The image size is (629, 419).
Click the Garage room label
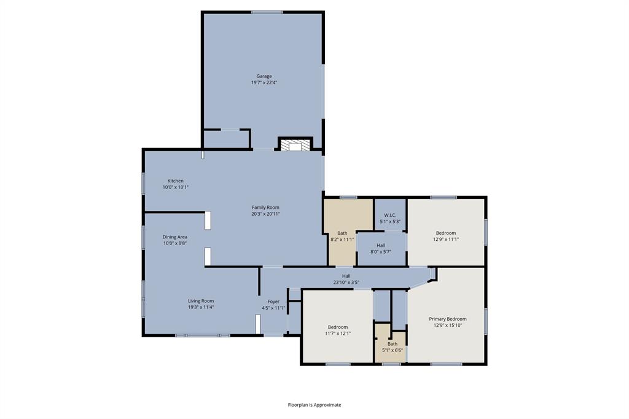(264, 76)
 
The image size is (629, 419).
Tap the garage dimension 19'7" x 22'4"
(264, 82)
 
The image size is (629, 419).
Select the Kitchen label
(176, 181)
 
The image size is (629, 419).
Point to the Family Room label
(265, 207)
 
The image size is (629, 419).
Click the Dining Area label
(175, 237)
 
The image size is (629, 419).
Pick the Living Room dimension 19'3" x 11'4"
(201, 307)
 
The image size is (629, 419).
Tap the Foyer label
(273, 302)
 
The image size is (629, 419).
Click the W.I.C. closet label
(390, 215)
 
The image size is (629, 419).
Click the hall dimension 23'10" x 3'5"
(346, 283)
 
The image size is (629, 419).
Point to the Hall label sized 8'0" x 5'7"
(381, 245)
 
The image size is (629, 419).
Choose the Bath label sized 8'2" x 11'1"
(342, 233)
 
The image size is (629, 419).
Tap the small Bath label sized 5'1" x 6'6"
(393, 343)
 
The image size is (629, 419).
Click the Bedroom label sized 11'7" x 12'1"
(338, 327)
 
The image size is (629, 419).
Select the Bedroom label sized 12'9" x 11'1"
(446, 233)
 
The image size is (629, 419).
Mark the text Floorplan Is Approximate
(314, 405)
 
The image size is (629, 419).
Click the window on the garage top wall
(267, 12)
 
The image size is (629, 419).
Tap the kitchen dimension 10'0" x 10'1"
(176, 187)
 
